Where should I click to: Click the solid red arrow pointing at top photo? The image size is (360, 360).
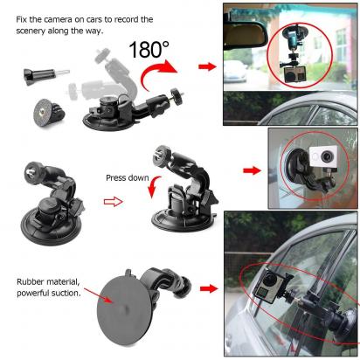tap(207, 66)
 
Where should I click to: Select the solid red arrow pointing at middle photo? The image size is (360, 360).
tap(252, 173)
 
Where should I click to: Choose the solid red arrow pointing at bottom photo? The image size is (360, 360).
tap(207, 287)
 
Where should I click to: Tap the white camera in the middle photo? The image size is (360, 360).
tap(337, 163)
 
